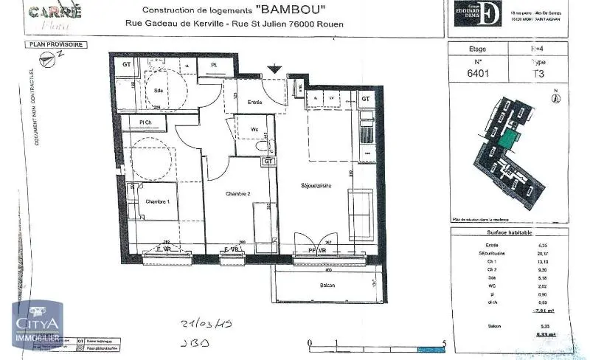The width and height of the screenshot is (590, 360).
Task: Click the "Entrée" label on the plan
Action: click(255, 102)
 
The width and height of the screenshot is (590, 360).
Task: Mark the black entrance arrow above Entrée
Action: click(274, 69)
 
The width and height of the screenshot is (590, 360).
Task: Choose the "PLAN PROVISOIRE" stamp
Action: click(55, 45)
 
